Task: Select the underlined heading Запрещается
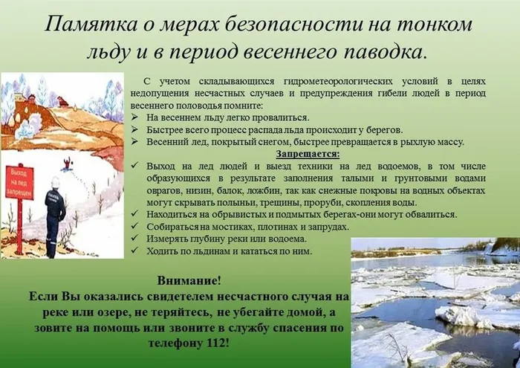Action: click(307, 154)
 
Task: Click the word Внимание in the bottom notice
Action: click(189, 281)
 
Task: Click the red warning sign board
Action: click(20, 183)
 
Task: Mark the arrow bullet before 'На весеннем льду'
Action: click(134, 117)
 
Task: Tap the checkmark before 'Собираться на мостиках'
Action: click(134, 226)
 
